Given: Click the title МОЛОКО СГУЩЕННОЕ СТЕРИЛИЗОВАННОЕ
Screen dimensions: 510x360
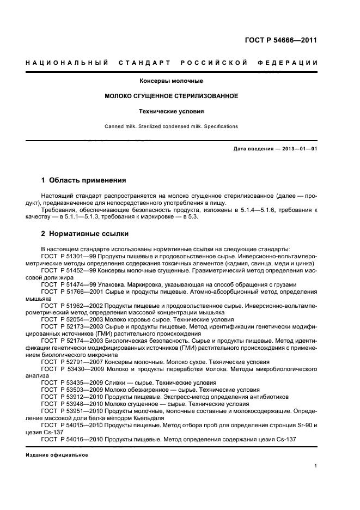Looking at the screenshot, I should pyautogui.click(x=171, y=96).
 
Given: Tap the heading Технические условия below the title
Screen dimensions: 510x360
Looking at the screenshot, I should pyautogui.click(x=171, y=111).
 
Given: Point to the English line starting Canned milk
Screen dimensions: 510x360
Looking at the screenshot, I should pyautogui.click(x=171, y=126).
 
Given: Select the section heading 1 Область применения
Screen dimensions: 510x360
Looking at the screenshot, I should pyautogui.click(x=84, y=180).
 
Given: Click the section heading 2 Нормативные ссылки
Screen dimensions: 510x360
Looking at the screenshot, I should pyautogui.click(x=85, y=234).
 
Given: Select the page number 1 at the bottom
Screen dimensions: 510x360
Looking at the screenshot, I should pyautogui.click(x=316, y=466).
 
